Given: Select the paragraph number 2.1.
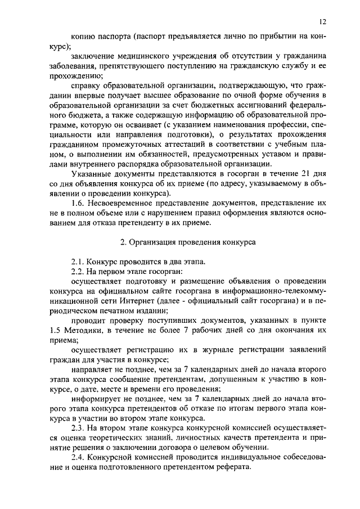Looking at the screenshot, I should pyautogui.click(x=80, y=262).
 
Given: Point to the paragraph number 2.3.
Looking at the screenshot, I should pyautogui.click(x=80, y=428).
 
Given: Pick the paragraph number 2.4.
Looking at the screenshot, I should pyautogui.click(x=80, y=458).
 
